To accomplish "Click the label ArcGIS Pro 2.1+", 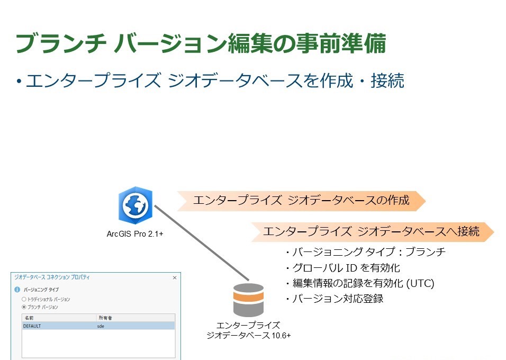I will click(x=135, y=233).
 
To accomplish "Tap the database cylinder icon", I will click(x=248, y=301).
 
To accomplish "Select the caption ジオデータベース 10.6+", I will click(x=248, y=336).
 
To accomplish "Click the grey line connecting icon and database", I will click(x=201, y=244).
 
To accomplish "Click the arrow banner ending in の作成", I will click(x=301, y=201).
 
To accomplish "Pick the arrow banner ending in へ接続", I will click(x=371, y=231).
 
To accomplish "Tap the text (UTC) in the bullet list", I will click(x=420, y=283).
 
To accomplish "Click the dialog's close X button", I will click(x=175, y=277).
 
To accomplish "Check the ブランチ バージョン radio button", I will click(x=24, y=307).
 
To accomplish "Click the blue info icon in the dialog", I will click(x=17, y=290).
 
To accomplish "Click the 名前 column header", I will click(x=29, y=318).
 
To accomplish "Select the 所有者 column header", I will click(x=105, y=318).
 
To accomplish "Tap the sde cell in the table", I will click(x=102, y=326).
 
